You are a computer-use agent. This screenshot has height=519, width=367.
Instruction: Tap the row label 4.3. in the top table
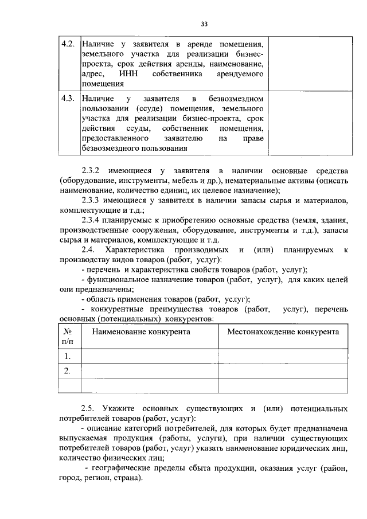[68, 99]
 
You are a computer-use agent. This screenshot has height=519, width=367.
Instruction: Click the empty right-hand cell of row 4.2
[308, 63]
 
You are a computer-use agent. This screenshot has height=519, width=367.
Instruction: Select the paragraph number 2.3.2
[92, 171]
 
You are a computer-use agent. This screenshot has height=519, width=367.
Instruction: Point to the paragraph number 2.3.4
[92, 220]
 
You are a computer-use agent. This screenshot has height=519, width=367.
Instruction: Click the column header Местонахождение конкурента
[283, 331]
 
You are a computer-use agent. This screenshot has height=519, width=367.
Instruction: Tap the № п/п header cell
[68, 337]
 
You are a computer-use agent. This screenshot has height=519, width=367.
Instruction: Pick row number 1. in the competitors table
[68, 356]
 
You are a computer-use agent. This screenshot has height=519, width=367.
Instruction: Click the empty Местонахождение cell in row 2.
[283, 371]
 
